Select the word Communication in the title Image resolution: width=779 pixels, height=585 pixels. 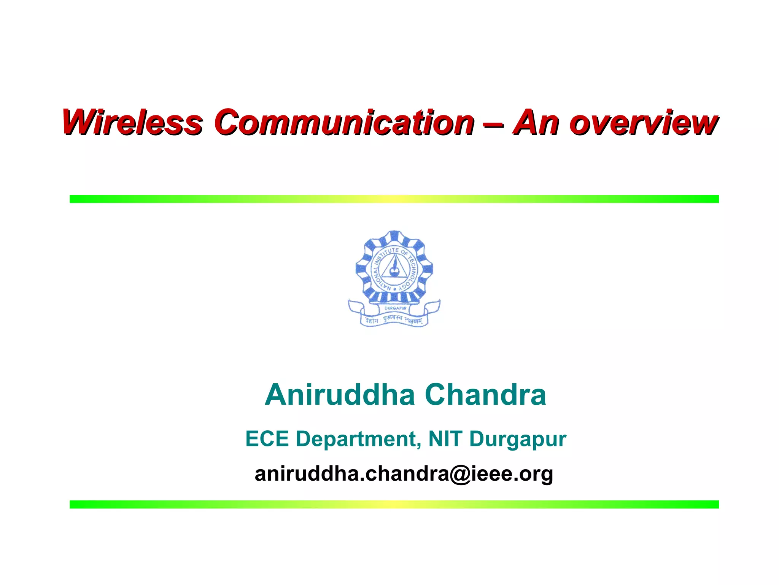pos(344,122)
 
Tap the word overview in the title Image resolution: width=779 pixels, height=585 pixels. pos(643,123)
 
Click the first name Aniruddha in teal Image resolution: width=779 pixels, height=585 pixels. pos(340,395)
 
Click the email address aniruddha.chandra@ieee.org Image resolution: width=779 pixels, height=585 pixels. pos(404,474)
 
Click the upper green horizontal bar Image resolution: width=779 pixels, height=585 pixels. pos(394,199)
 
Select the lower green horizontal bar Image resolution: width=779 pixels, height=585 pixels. pos(394,504)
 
